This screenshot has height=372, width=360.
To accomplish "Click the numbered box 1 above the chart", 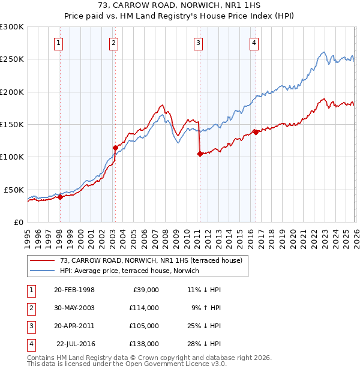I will (x=59, y=43).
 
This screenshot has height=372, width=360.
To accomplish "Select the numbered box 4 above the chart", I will (x=254, y=43).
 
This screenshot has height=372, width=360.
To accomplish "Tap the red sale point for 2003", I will (x=115, y=147).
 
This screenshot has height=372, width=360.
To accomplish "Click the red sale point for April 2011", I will (x=199, y=153).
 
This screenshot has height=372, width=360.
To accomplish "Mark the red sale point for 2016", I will (x=256, y=132).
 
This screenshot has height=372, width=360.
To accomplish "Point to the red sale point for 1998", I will (x=60, y=196).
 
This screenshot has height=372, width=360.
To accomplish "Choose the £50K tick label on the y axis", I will (x=14, y=190).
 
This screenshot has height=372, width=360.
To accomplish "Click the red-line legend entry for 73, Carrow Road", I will (x=151, y=260).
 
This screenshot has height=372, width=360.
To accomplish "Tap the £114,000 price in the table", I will (x=143, y=308).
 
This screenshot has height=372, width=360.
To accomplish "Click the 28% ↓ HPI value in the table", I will (x=204, y=344).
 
